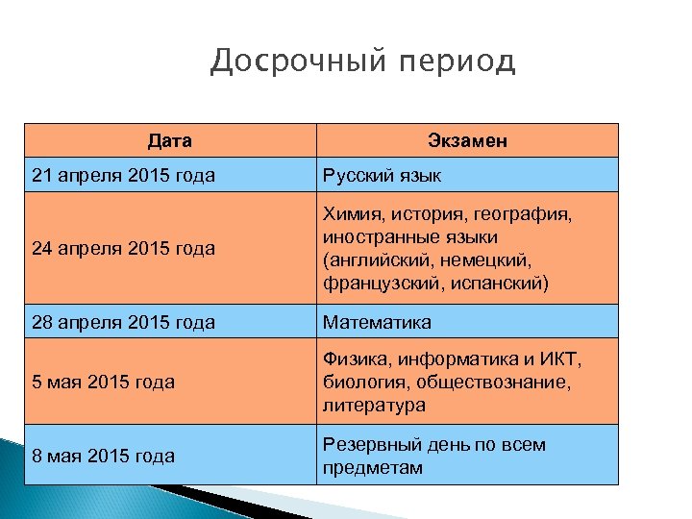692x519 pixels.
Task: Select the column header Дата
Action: [170, 141]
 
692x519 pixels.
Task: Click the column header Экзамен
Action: [467, 141]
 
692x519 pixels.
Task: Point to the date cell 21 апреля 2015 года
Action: [123, 176]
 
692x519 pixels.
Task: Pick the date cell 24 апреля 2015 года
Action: [123, 249]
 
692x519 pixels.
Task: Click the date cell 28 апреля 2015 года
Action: [123, 322]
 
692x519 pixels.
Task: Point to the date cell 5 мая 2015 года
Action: [103, 383]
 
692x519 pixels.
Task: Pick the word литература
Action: [374, 406]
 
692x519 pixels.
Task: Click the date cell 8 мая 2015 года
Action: [103, 456]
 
